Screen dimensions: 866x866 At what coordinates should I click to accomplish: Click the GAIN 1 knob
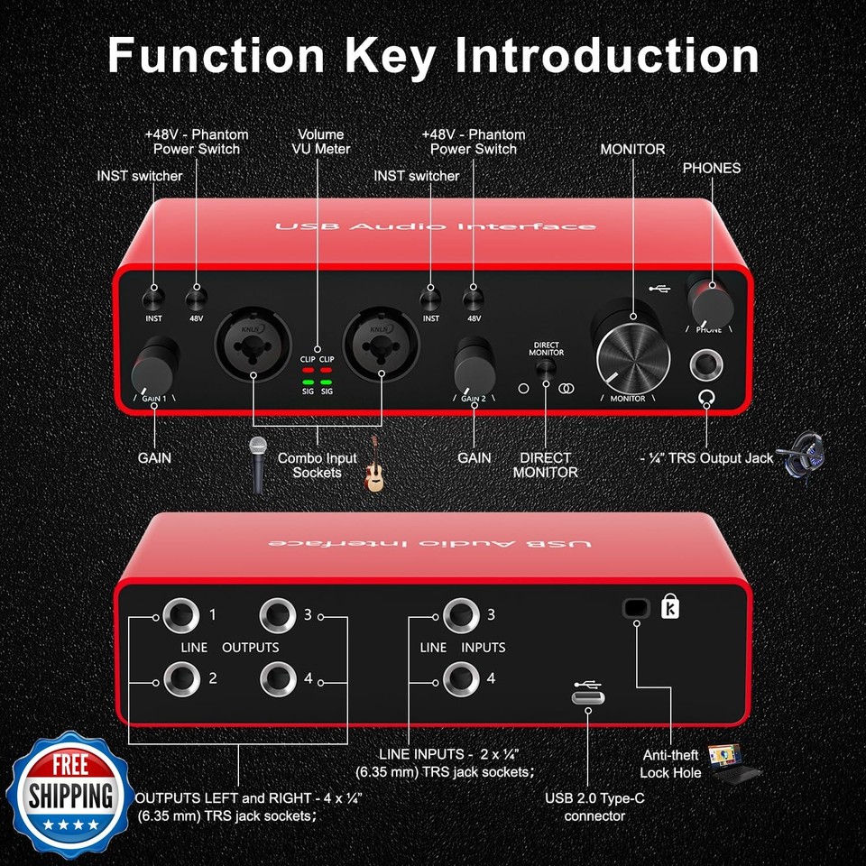pyautogui.click(x=155, y=364)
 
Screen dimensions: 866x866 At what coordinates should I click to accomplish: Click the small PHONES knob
pyautogui.click(x=708, y=295)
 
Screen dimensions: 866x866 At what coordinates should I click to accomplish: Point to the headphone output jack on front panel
pyautogui.click(x=705, y=365)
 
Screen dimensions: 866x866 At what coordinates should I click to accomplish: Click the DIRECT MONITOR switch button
pyautogui.click(x=546, y=371)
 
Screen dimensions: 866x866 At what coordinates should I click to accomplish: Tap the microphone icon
pyautogui.click(x=259, y=463)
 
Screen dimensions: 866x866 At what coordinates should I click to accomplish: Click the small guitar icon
pyautogui.click(x=373, y=474)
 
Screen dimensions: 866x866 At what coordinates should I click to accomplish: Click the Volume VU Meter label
pyautogui.click(x=322, y=142)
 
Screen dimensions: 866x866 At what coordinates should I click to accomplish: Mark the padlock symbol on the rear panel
pyautogui.click(x=671, y=607)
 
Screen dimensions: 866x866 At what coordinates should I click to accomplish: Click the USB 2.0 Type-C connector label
pyautogui.click(x=594, y=807)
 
